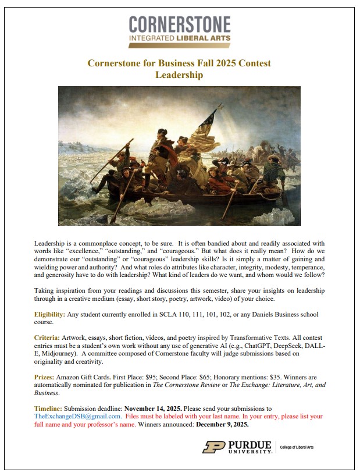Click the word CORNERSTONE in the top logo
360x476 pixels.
180,24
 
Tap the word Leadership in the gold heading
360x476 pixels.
180,74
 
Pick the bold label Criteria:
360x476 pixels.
49,338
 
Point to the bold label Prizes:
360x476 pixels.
47,376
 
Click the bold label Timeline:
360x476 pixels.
49,408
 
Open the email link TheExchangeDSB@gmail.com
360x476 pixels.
78,417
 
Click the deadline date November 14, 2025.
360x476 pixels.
156,408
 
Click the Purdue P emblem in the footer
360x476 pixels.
213,447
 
